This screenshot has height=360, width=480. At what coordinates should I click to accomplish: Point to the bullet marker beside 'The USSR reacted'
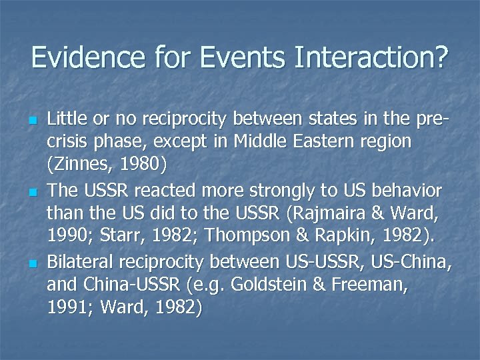click(31, 193)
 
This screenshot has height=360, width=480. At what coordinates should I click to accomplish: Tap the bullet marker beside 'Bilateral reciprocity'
click(31, 263)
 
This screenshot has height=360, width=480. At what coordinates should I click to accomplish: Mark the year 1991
click(67, 307)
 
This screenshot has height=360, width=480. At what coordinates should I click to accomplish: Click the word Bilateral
click(81, 265)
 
